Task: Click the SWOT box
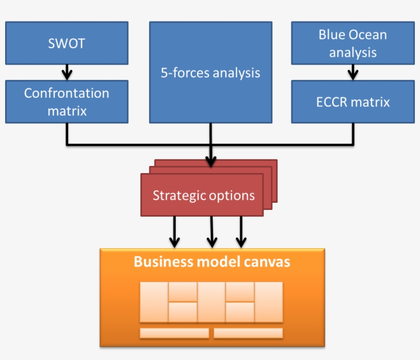point(67,43)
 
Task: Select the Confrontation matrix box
point(67,101)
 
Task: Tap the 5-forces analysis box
point(210,72)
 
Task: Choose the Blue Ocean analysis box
point(352,43)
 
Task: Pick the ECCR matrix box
point(352,101)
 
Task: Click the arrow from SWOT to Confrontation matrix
point(67,72)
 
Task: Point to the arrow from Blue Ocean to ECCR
point(352,72)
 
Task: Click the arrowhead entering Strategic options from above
point(211,162)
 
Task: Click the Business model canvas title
point(212,262)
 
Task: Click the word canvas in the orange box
point(266,262)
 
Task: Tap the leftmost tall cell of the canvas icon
point(154,302)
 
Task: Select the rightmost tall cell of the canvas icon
point(269,302)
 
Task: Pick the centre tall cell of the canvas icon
point(211,302)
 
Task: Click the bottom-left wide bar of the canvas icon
point(174,333)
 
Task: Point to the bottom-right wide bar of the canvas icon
point(248,333)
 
